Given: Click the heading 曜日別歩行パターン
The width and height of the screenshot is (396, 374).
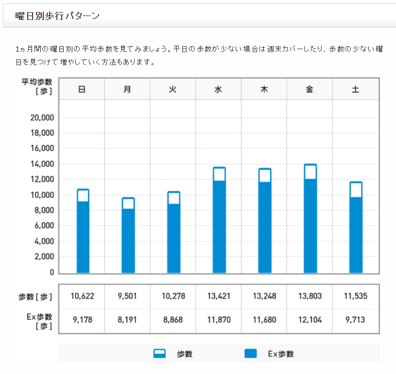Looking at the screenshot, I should [x=58, y=16].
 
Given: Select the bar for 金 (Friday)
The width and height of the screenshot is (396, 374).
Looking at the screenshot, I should [x=310, y=219].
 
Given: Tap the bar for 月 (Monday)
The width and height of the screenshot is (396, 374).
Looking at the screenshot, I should [x=128, y=235].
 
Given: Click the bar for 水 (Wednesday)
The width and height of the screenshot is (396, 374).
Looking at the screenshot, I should [x=219, y=220].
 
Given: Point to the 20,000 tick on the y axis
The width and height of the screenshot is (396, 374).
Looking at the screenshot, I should [x=41, y=118].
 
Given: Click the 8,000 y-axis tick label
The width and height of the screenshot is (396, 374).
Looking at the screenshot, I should [x=43, y=211].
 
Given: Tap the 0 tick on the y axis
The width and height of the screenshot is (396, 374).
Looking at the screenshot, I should [x=51, y=272].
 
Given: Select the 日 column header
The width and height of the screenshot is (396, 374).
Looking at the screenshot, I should [x=82, y=89].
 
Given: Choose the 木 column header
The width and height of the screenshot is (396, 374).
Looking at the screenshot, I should [x=264, y=89].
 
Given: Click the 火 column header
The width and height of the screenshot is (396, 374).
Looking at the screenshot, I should [x=173, y=89].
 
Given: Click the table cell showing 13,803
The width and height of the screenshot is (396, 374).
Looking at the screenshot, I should [x=310, y=296].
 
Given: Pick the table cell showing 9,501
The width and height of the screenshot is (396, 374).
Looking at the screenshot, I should [x=127, y=296].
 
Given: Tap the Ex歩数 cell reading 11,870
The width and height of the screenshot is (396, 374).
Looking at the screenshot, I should [x=219, y=320].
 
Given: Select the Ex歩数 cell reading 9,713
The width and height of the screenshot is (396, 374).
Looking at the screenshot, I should [x=356, y=320].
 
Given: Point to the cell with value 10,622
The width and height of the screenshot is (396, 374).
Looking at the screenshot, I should [x=82, y=296].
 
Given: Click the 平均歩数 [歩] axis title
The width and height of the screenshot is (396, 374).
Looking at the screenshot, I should [x=37, y=86].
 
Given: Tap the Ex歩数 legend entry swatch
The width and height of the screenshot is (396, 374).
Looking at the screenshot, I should [x=251, y=354].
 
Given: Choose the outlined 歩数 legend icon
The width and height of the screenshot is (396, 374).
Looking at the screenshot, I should [x=159, y=354].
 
